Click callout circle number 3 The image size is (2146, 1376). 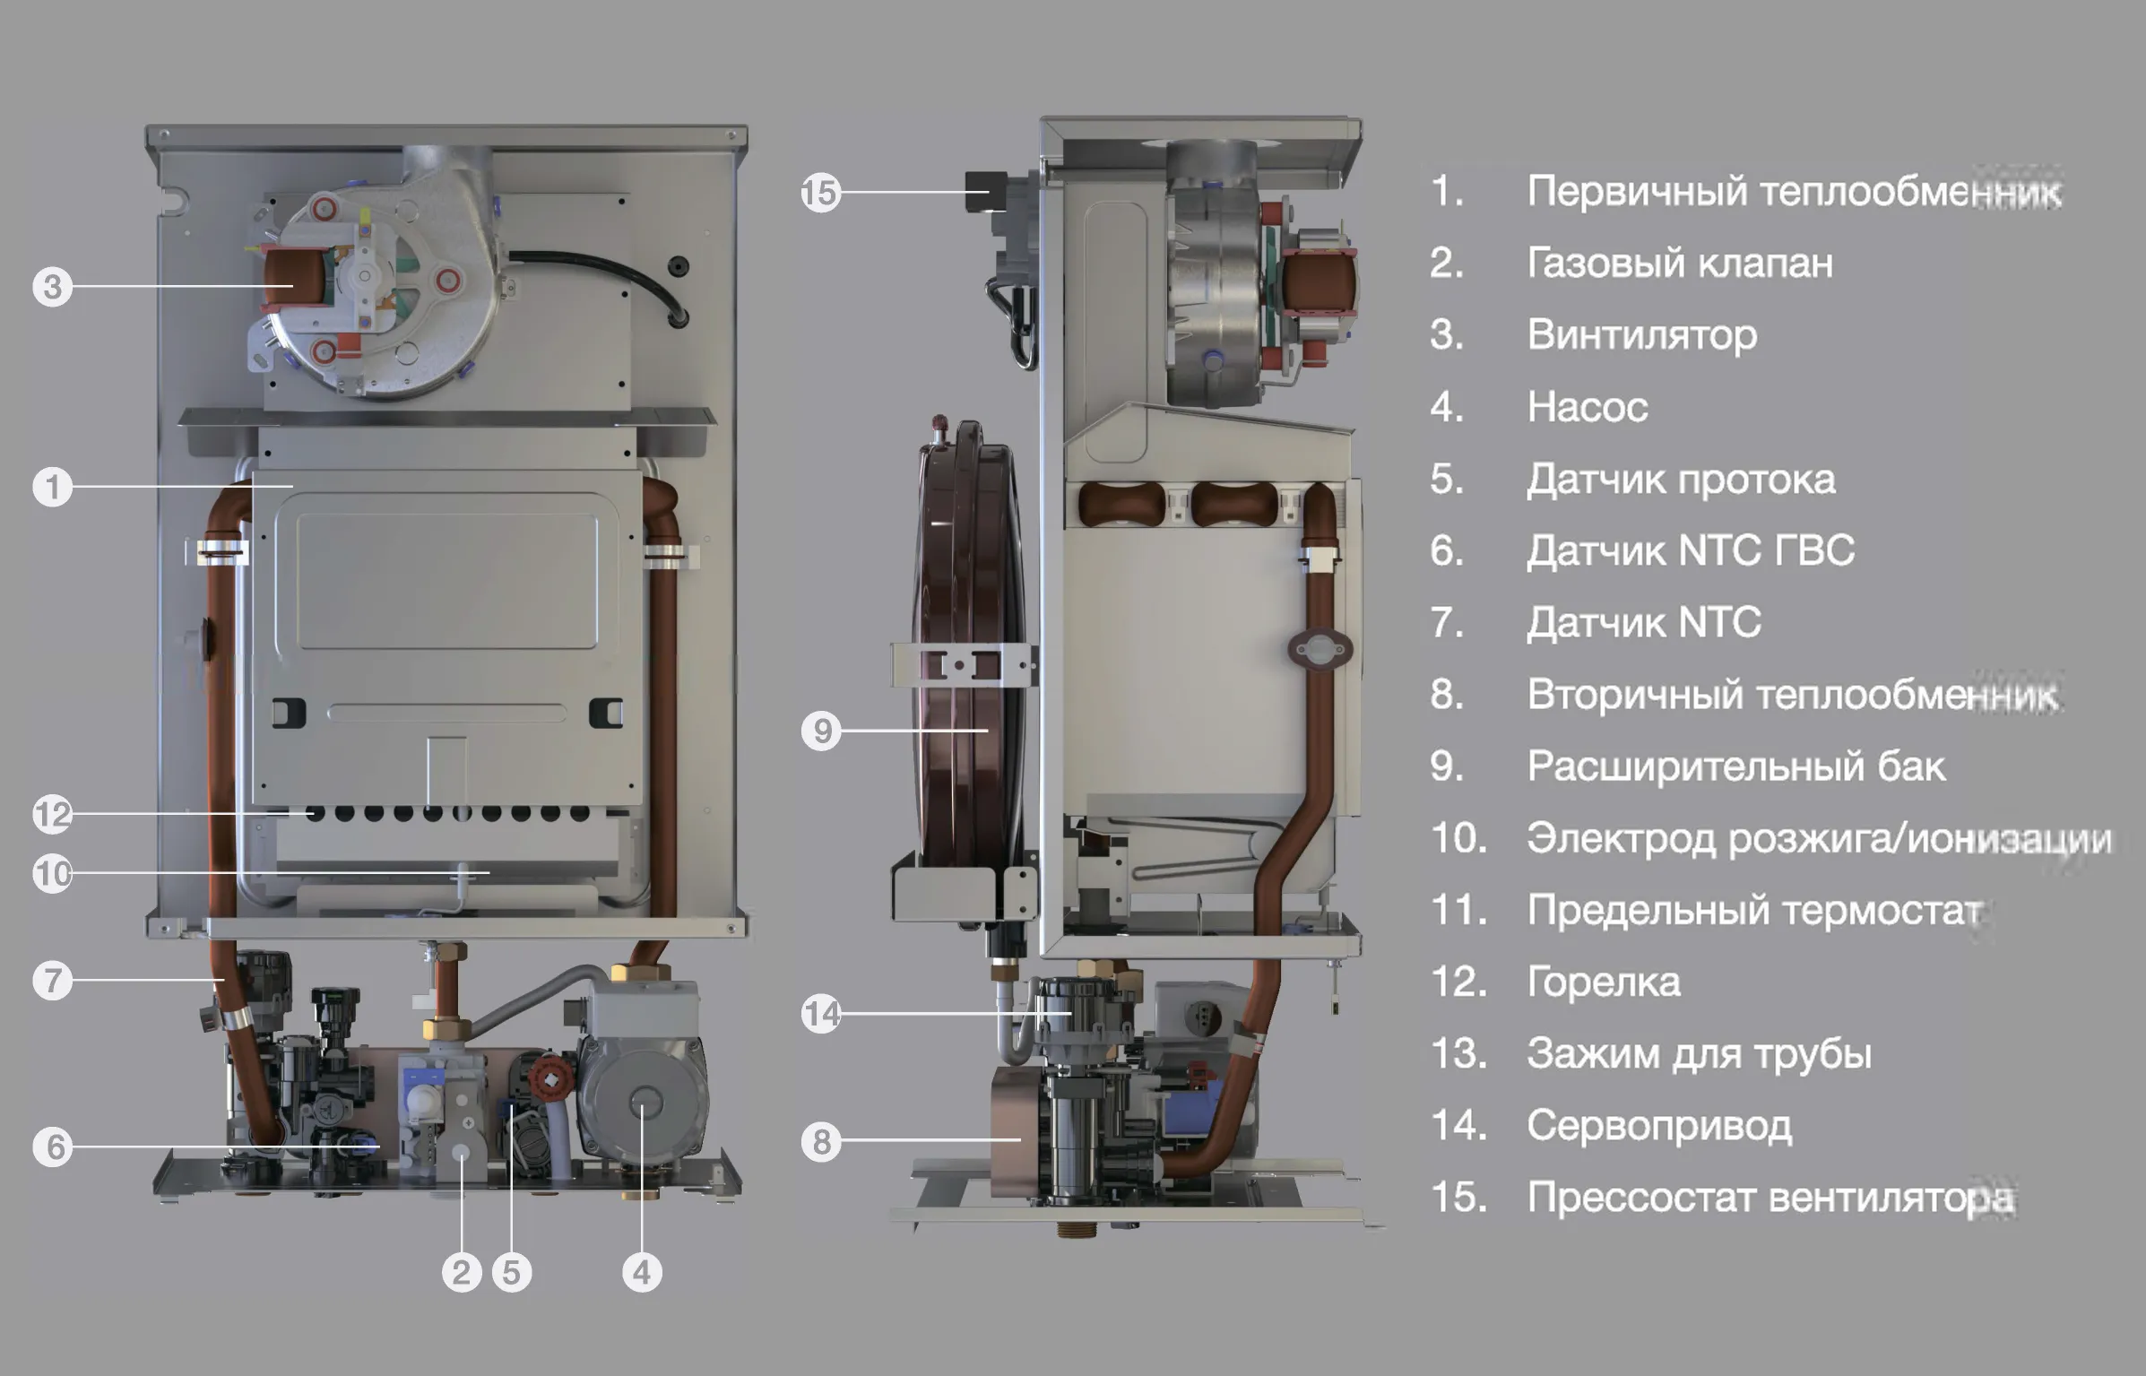pyautogui.click(x=52, y=287)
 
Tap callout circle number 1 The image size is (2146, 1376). pyautogui.click(x=52, y=488)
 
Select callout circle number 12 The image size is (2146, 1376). pyautogui.click(x=52, y=815)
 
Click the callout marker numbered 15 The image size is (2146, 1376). pyautogui.click(x=820, y=193)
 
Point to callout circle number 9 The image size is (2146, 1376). pyautogui.click(x=821, y=731)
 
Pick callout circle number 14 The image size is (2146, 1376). pyautogui.click(x=821, y=1014)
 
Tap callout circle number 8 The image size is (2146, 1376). pyautogui.click(x=821, y=1142)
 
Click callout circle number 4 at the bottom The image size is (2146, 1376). pyautogui.click(x=642, y=1272)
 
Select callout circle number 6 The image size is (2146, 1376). pyautogui.click(x=54, y=1147)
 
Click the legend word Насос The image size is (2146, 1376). pyautogui.click(x=1587, y=407)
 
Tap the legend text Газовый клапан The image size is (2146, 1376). pyautogui.click(x=1679, y=263)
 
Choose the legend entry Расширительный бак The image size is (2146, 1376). pyautogui.click(x=1735, y=766)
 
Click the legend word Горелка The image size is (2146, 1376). pyautogui.click(x=1603, y=982)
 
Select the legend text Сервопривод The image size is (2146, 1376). pyautogui.click(x=1659, y=1125)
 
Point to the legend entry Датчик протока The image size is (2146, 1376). pyautogui.click(x=1681, y=480)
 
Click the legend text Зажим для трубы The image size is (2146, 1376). pyautogui.click(x=1699, y=1053)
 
